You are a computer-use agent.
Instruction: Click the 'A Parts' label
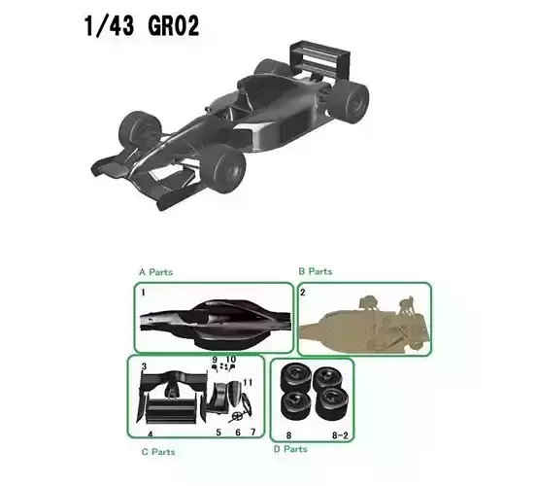155,272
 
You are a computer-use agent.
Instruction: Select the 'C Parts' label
156,451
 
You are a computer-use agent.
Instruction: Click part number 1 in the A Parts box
142,292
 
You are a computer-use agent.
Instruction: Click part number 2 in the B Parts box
303,292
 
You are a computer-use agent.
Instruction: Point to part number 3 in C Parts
144,366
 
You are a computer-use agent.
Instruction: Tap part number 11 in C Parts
248,382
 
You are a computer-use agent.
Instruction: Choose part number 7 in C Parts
252,431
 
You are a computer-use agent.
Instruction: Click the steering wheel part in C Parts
233,412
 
